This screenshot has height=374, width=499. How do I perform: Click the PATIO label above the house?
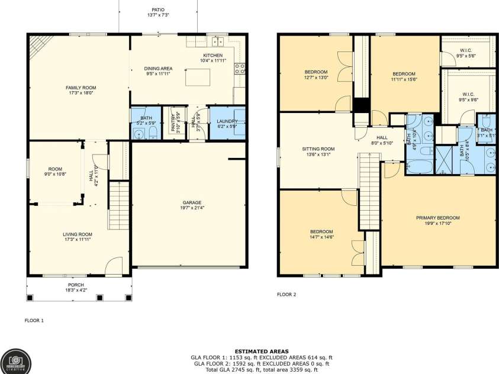click(x=158, y=10)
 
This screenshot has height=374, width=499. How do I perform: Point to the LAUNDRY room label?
click(x=227, y=120)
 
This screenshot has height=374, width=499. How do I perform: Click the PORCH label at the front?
click(x=79, y=285)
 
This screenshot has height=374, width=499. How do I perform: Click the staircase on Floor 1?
click(x=119, y=205)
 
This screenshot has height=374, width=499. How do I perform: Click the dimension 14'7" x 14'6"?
click(x=321, y=237)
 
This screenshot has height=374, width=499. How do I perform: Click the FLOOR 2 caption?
click(x=286, y=294)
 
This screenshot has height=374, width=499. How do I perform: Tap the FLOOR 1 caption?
click(x=34, y=320)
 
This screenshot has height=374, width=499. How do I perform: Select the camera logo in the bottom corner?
click(x=16, y=360)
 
